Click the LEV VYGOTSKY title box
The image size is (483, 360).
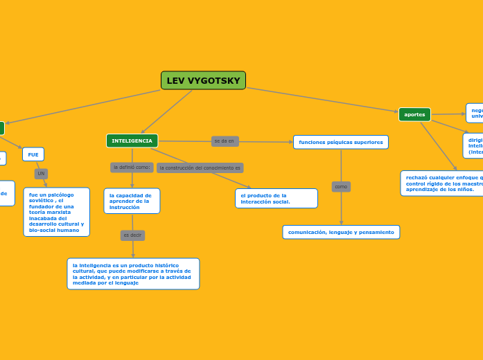tap(203, 80)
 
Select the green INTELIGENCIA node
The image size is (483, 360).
tap(132, 141)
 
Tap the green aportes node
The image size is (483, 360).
tap(414, 114)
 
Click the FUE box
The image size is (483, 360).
tap(33, 154)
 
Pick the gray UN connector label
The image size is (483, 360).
tap(41, 173)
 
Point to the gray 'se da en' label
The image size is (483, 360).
tap(225, 141)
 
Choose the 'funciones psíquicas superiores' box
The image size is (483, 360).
tap(340, 142)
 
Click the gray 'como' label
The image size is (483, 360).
tap(341, 186)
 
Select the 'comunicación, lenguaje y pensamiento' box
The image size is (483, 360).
tap(341, 232)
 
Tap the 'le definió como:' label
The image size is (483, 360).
tap(132, 167)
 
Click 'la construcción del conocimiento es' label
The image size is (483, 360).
tap(200, 168)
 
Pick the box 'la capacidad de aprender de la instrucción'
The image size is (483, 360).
tap(132, 201)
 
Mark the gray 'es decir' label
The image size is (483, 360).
tap(132, 235)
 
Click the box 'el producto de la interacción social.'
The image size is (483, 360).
tap(276, 198)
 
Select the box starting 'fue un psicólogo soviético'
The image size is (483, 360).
tap(56, 212)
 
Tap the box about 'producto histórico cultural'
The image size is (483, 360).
tap(133, 273)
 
